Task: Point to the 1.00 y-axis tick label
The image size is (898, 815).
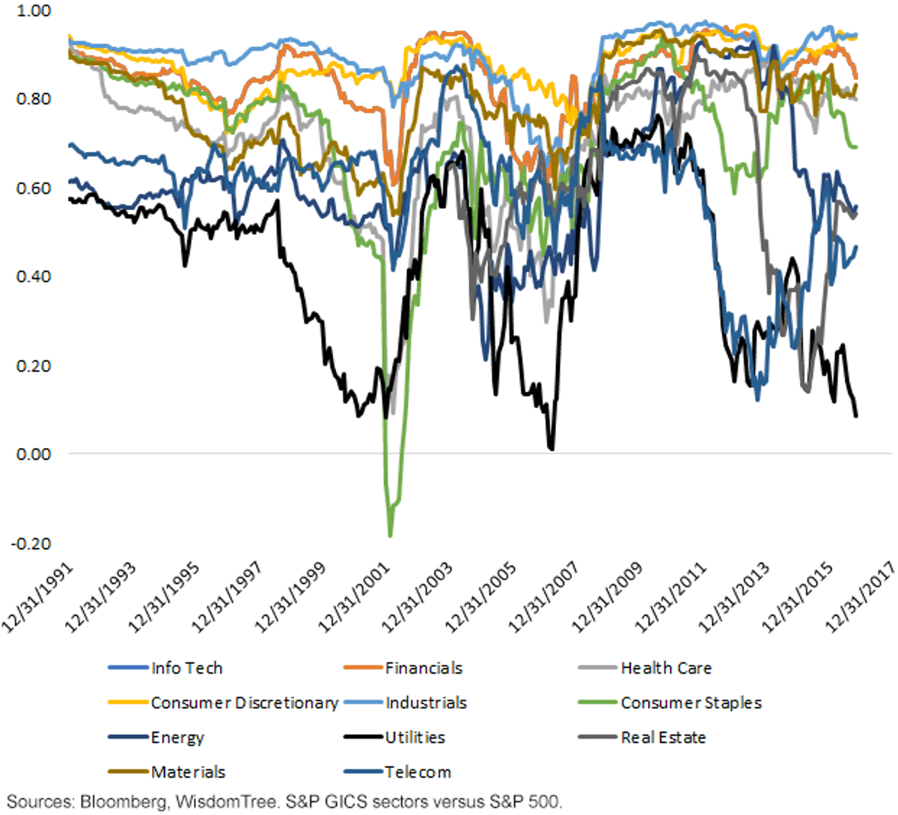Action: click(x=34, y=10)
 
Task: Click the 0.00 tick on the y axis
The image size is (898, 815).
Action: click(x=34, y=454)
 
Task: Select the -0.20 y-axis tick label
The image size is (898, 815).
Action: click(x=31, y=544)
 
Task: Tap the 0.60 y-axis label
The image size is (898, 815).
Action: click(x=34, y=188)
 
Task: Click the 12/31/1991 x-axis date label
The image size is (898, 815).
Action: click(x=37, y=597)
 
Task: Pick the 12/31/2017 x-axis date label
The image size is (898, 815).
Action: click(x=860, y=597)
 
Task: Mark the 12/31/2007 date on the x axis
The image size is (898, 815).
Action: click(x=544, y=597)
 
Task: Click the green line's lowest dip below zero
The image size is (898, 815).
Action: click(x=391, y=536)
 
